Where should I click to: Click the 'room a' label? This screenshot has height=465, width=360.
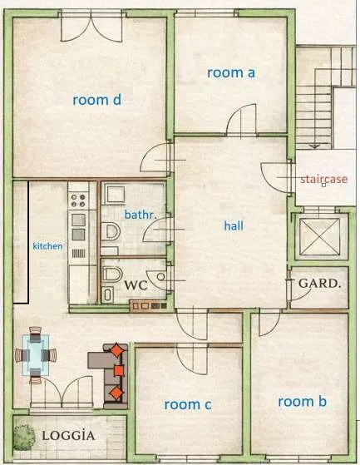pyautogui.click(x=231, y=72)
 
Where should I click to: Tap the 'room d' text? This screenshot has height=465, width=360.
pyautogui.click(x=97, y=100)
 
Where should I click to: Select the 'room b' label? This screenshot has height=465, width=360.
pyautogui.click(x=303, y=402)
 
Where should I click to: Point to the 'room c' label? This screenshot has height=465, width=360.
pyautogui.click(x=188, y=404)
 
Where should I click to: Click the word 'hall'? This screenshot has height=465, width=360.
pyautogui.click(x=234, y=225)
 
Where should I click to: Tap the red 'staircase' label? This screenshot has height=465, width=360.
pyautogui.click(x=324, y=179)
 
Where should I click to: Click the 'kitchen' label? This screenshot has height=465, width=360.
pyautogui.click(x=47, y=246)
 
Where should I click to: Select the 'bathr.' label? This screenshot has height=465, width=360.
pyautogui.click(x=141, y=215)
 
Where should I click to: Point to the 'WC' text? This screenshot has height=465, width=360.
pyautogui.click(x=136, y=285)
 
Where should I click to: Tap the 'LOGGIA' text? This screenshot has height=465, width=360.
pyautogui.click(x=69, y=435)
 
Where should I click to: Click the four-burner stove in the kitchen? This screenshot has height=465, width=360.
pyautogui.click(x=78, y=200)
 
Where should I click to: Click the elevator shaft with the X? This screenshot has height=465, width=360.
pyautogui.click(x=319, y=236)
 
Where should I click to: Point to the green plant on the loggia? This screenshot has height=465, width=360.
pyautogui.click(x=24, y=437)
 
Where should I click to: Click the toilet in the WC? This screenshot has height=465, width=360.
pyautogui.click(x=112, y=275)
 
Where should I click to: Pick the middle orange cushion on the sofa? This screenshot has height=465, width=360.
pyautogui.click(x=119, y=370)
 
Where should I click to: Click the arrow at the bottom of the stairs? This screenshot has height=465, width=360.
pyautogui.click(x=314, y=146)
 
